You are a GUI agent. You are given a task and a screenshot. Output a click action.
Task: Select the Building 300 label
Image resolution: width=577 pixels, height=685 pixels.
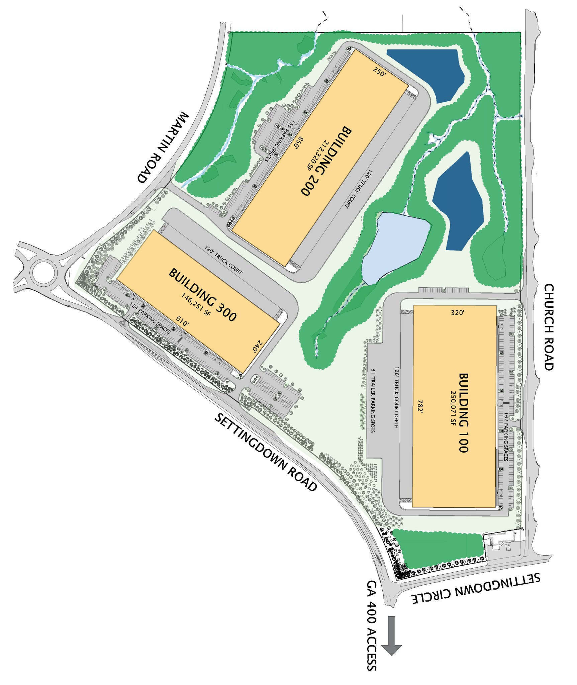coord(203,294)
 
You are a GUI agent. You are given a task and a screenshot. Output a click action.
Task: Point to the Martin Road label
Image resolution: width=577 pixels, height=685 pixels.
coord(163,148)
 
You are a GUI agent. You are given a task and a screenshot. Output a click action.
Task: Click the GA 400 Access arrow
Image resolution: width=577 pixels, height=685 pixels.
coord(391,635)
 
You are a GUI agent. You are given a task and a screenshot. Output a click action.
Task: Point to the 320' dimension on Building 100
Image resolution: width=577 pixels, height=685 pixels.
coord(457,313)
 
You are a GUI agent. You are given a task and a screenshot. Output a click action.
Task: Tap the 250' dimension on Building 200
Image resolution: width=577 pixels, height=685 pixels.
coord(379,72)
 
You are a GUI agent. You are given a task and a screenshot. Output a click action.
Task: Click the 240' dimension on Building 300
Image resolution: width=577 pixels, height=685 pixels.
coord(257,346)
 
